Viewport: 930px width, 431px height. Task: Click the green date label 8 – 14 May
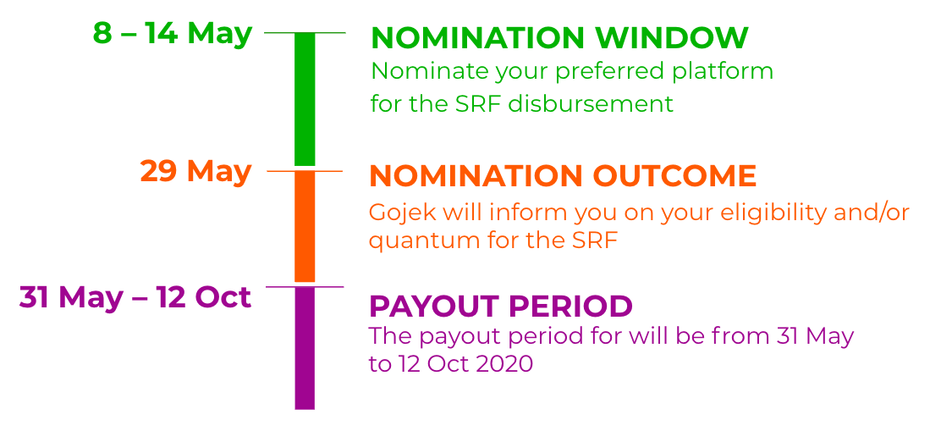coord(173,34)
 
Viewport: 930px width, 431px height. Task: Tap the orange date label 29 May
coord(195,172)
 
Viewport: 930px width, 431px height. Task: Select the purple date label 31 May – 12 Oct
coord(135,297)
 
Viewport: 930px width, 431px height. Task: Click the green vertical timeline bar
coord(305,99)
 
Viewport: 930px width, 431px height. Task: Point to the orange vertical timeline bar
coord(305,227)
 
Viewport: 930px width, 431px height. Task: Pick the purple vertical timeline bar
coord(305,349)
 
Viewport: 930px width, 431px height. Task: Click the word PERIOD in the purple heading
coord(570,307)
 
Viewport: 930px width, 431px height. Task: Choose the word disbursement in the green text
coord(591,103)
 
